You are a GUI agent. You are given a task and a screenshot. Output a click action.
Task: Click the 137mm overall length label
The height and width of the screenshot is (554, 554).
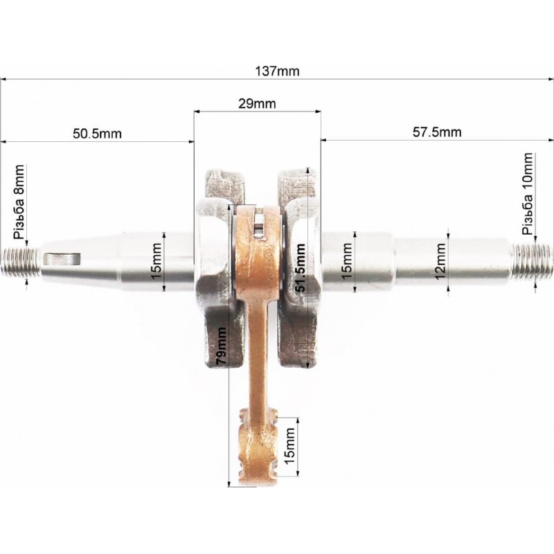pyautogui.click(x=277, y=71)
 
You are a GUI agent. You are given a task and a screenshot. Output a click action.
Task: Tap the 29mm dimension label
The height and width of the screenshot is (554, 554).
pyautogui.click(x=257, y=103)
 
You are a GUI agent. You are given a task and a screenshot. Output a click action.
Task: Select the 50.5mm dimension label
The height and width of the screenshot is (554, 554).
pyautogui.click(x=97, y=134)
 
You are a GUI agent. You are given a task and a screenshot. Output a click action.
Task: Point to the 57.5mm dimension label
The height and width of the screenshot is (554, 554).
pyautogui.click(x=437, y=132)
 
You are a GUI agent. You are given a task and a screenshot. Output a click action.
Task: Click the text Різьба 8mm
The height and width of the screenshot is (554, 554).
pyautogui.click(x=19, y=202)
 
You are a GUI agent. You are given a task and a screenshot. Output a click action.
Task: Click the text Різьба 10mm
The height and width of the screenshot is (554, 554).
pyautogui.click(x=528, y=194)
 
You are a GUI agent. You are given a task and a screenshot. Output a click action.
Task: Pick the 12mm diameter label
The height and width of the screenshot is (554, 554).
pyautogui.click(x=440, y=261)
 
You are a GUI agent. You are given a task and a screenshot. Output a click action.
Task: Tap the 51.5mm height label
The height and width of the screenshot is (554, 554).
pyautogui.click(x=301, y=267)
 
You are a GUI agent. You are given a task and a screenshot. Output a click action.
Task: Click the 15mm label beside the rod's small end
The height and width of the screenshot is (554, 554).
pyautogui.click(x=289, y=446)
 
